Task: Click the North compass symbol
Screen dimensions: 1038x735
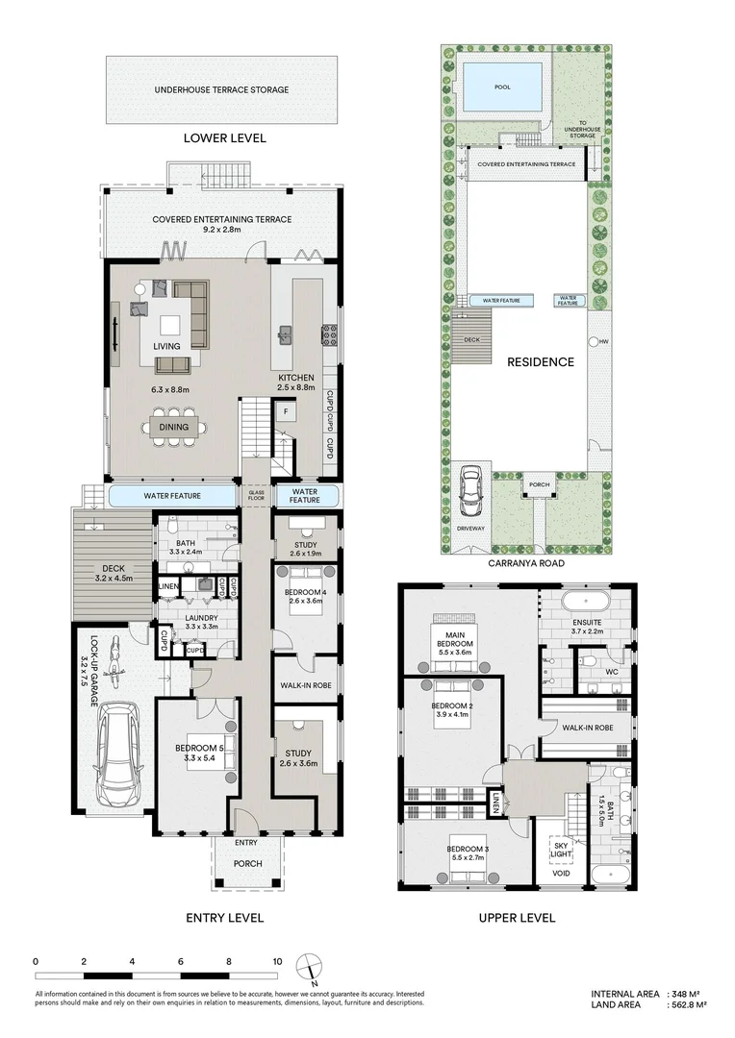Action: click(309, 966)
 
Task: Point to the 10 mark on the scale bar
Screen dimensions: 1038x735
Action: click(277, 961)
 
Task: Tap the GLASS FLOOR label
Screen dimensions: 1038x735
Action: click(257, 495)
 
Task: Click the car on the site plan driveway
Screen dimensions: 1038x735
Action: click(471, 492)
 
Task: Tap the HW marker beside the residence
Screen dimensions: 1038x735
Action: click(603, 342)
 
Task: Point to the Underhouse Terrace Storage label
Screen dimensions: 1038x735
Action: click(221, 90)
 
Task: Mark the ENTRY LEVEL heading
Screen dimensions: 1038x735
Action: click(224, 918)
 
